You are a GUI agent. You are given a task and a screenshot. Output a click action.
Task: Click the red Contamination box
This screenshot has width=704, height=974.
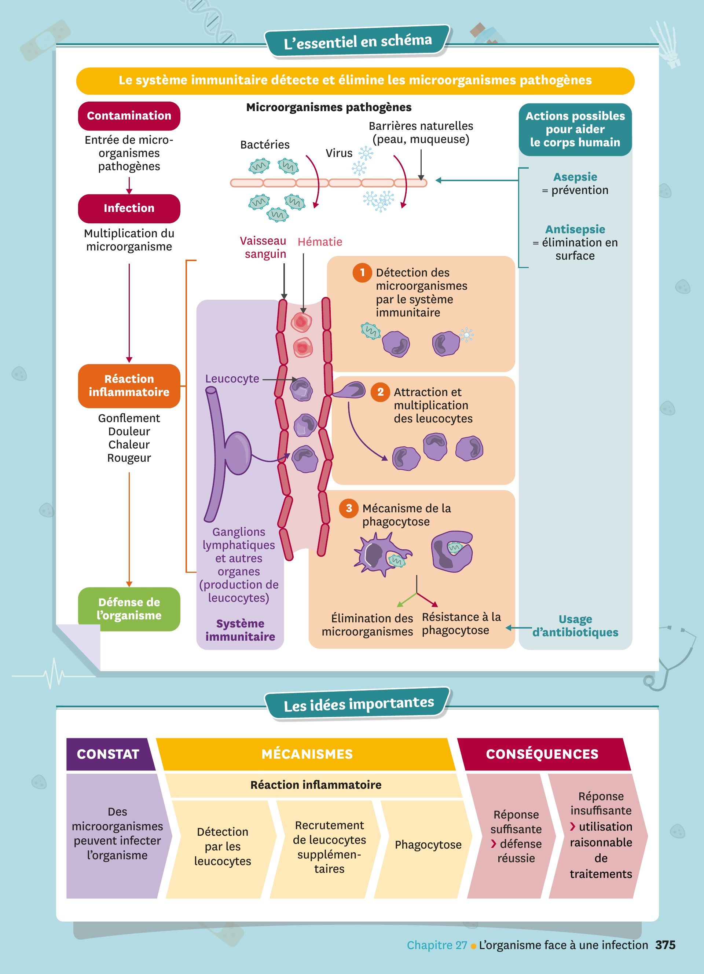[129, 116]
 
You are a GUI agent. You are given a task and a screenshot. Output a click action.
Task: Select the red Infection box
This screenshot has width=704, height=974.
[129, 208]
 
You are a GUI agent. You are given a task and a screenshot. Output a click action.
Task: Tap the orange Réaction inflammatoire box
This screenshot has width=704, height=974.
[129, 386]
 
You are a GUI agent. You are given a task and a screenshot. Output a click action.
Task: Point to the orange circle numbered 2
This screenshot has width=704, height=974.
[380, 392]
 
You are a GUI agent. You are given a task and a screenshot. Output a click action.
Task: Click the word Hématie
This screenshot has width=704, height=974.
[320, 242]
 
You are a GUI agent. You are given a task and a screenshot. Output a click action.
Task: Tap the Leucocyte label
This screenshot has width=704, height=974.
[232, 379]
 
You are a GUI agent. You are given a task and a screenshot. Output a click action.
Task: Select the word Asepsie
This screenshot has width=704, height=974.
[575, 177]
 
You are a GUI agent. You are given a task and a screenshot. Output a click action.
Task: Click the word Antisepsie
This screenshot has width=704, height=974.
[575, 229]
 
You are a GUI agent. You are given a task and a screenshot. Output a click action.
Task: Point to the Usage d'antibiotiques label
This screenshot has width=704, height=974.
[575, 626]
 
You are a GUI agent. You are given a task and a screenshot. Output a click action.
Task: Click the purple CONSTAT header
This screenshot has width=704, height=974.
[108, 754]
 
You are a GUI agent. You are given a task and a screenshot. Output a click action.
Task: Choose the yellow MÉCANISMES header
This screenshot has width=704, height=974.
[307, 754]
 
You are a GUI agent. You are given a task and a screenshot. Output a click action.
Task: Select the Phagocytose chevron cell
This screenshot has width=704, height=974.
[428, 845]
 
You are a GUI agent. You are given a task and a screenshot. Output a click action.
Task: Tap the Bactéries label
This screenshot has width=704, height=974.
[264, 145]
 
